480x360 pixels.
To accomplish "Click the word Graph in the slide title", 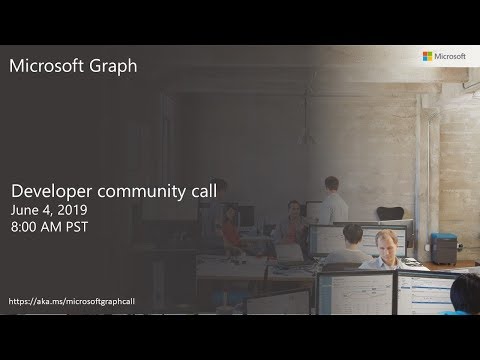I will click(131, 68).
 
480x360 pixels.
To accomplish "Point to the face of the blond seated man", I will click(385, 244).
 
